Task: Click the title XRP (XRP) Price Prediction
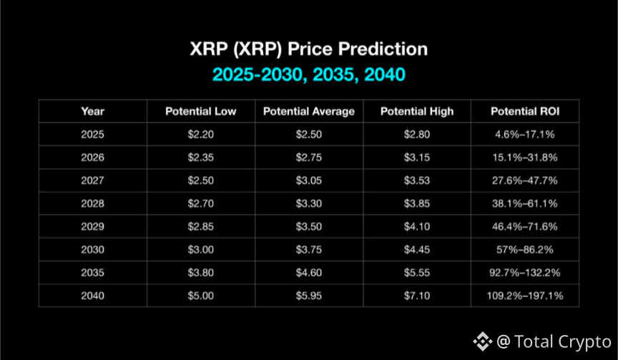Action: (308, 49)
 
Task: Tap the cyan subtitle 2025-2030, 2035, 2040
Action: (308, 74)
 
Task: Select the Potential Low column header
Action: (200, 112)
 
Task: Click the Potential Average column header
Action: (309, 112)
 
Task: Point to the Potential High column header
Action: (417, 112)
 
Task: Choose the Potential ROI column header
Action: (525, 112)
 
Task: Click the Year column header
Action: (92, 112)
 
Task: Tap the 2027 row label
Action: (92, 180)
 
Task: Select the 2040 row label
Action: (92, 296)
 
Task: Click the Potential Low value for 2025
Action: (200, 135)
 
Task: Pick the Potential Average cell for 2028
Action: (309, 203)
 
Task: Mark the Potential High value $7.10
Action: (417, 296)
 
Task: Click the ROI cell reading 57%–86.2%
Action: (525, 250)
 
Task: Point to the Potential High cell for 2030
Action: (417, 250)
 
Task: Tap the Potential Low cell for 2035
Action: (200, 273)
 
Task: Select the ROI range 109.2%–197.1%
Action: (525, 296)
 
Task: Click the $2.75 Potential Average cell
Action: (309, 157)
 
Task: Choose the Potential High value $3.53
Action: (417, 180)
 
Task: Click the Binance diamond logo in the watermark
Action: (482, 341)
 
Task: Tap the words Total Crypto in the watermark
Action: (563, 342)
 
